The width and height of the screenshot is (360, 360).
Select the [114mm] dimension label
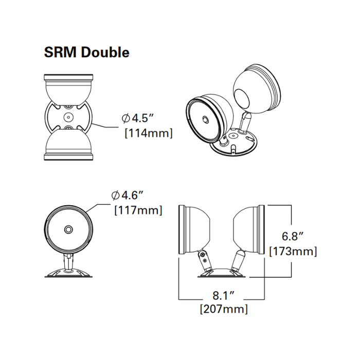tap(149, 134)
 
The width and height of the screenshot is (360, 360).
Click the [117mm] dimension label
tap(137, 210)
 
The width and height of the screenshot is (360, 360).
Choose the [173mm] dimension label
tap(293, 251)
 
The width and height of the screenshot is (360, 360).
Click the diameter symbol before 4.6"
tap(116, 195)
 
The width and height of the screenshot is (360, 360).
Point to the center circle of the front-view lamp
tap(68, 229)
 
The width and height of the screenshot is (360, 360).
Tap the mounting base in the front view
tap(68, 273)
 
